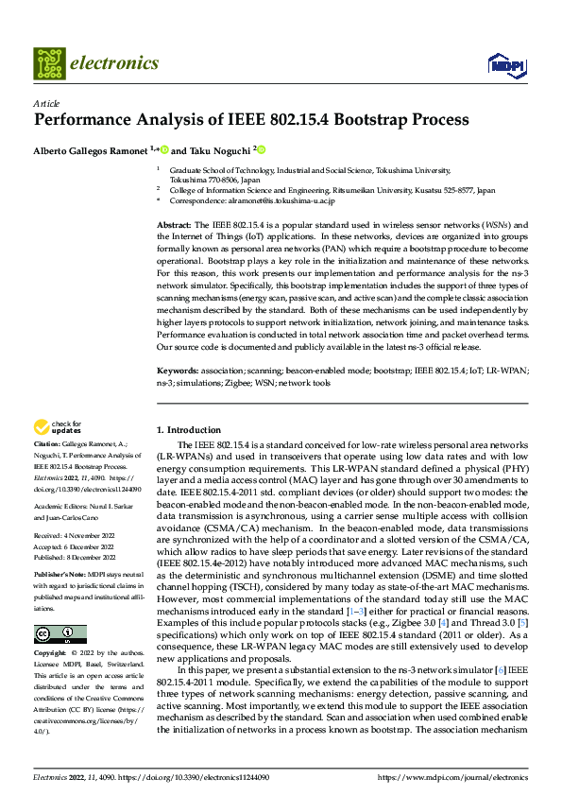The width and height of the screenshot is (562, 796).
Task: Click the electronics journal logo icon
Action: (x=48, y=63)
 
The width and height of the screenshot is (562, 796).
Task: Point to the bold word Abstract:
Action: (x=174, y=223)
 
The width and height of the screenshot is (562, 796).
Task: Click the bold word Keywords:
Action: (x=178, y=372)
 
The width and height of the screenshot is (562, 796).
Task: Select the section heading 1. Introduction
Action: (x=189, y=429)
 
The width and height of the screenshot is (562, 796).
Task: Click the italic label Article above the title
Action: (x=46, y=102)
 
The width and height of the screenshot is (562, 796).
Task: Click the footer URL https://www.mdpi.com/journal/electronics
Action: (x=452, y=776)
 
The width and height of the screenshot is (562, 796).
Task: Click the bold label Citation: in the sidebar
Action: (x=47, y=442)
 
